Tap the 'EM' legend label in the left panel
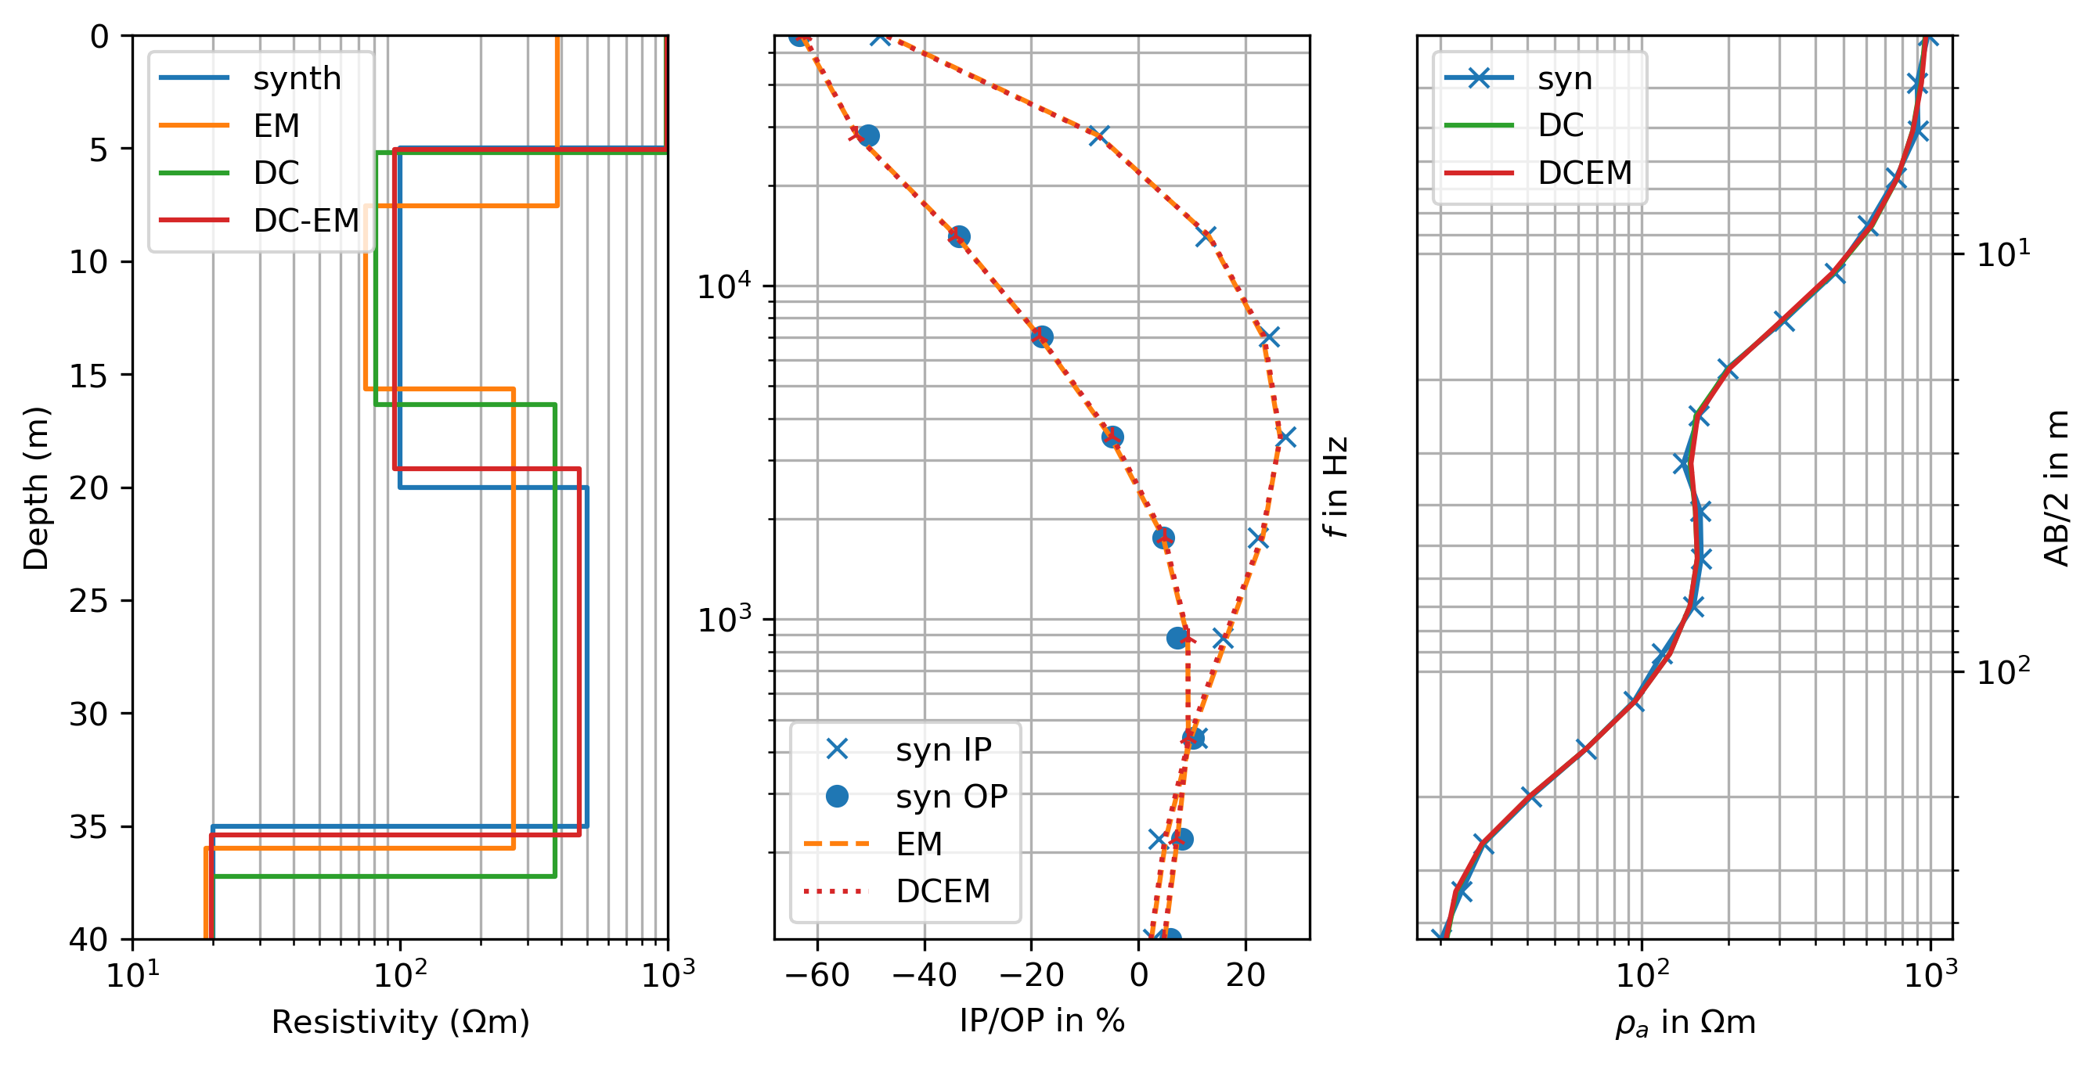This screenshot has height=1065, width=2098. click(x=276, y=125)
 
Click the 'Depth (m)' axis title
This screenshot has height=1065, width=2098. click(x=36, y=488)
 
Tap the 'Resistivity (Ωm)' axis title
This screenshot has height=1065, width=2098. click(x=400, y=1022)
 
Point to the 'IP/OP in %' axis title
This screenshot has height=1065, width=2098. click(x=1042, y=1020)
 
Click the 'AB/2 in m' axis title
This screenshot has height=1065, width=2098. click(x=2057, y=488)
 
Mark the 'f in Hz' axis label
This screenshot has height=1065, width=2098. click(x=1336, y=487)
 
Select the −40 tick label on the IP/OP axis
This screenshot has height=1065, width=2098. click(x=924, y=975)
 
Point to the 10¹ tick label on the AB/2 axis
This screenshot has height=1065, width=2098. click(x=2003, y=254)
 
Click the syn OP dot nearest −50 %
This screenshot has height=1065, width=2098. click(x=868, y=135)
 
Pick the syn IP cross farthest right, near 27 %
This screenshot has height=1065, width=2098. click(x=1286, y=438)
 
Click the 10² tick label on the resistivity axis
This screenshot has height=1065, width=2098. click(x=400, y=975)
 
